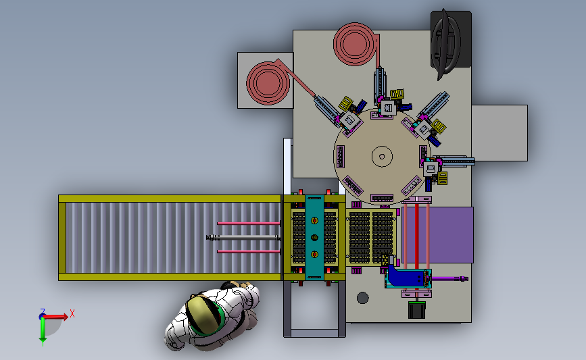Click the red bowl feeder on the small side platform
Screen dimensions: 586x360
[x=268, y=83]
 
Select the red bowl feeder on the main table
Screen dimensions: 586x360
[x=354, y=44]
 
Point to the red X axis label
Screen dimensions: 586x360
[x=72, y=313]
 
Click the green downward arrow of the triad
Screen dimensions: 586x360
[x=43, y=330]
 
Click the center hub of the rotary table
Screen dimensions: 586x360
[x=382, y=157]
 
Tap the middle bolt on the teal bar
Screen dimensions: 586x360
[x=314, y=238]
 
